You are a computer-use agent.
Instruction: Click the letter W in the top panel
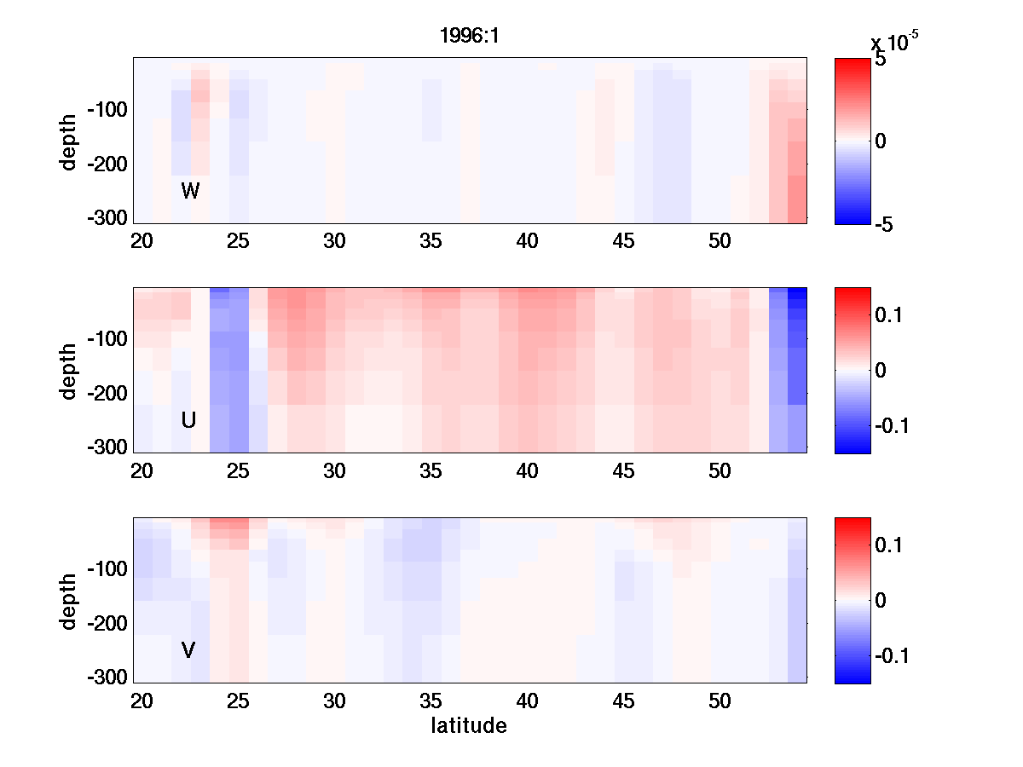coord(190,191)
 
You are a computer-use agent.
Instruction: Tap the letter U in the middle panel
coord(189,420)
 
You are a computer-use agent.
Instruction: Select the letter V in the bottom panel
coord(188,651)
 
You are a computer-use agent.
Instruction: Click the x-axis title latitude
coord(469,726)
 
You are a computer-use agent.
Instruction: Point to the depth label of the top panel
coord(69,140)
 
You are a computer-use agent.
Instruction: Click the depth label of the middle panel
coord(69,370)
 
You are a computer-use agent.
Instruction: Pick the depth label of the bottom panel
coord(69,600)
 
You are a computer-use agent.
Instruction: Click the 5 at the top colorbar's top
coord(880,61)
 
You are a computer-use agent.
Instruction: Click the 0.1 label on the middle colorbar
coord(887,315)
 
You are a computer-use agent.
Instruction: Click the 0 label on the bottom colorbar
coord(881,600)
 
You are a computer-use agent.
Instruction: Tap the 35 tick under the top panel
coord(431,241)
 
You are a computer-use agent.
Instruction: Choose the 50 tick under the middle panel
coord(720,471)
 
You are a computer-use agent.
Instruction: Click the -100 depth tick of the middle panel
coord(107,339)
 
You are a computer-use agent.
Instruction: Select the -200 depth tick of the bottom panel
coord(107,624)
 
